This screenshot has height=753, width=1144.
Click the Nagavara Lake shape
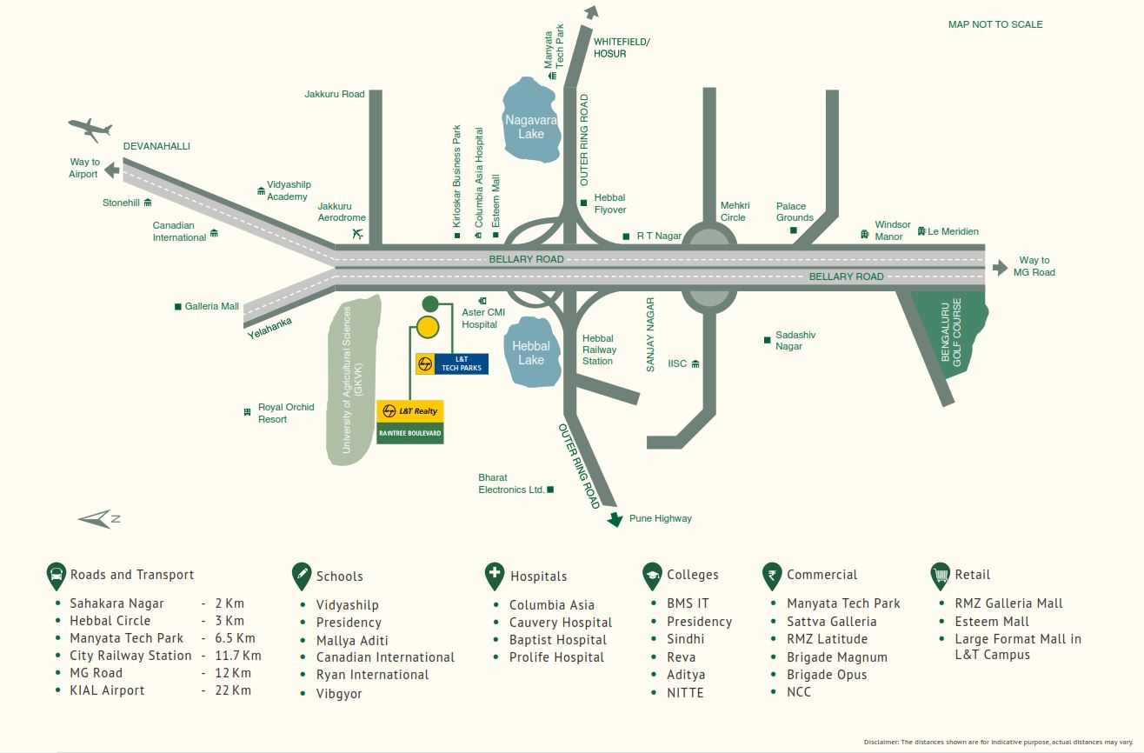click(530, 122)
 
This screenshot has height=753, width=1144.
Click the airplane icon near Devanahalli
click(90, 130)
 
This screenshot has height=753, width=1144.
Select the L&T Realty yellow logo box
click(410, 411)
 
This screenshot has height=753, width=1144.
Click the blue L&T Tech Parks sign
click(462, 363)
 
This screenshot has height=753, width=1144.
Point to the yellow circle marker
click(428, 327)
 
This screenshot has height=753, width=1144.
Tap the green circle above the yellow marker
click(429, 304)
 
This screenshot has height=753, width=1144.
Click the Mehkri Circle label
click(734, 211)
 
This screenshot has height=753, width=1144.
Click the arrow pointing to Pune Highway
click(615, 519)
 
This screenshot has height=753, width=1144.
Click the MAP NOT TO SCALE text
click(995, 24)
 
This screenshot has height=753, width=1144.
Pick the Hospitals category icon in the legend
click(495, 575)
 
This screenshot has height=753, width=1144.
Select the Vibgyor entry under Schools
click(339, 694)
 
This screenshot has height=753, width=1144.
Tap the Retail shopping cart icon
click(940, 575)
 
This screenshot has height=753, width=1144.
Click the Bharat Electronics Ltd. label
click(511, 483)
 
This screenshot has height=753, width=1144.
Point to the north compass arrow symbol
click(97, 519)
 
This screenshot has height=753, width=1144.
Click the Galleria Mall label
click(211, 306)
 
